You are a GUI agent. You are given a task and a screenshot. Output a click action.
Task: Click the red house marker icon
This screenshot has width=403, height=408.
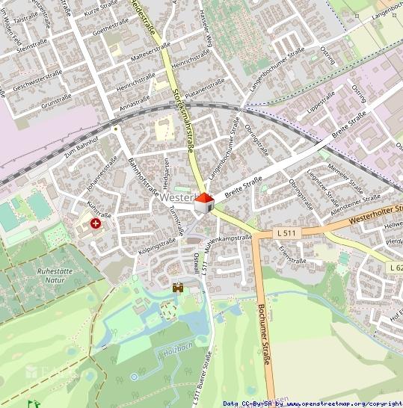tap(203, 201)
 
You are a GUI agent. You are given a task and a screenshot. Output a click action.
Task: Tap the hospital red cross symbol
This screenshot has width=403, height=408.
tap(96, 223)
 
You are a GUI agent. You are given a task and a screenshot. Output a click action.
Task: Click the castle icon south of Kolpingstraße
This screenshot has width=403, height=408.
tap(179, 287)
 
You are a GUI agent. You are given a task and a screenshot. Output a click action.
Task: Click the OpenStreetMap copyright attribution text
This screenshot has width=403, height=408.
tap(313, 404)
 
